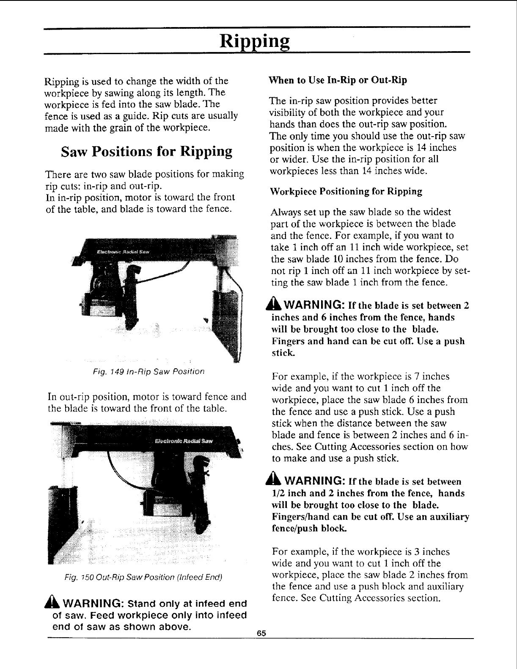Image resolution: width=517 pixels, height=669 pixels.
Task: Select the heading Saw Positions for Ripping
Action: pyautogui.click(x=147, y=151)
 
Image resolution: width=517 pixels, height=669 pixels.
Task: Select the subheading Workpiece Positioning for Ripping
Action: pyautogui.click(x=346, y=192)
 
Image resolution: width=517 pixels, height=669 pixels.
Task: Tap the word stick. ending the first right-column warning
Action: pyautogui.click(x=280, y=353)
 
